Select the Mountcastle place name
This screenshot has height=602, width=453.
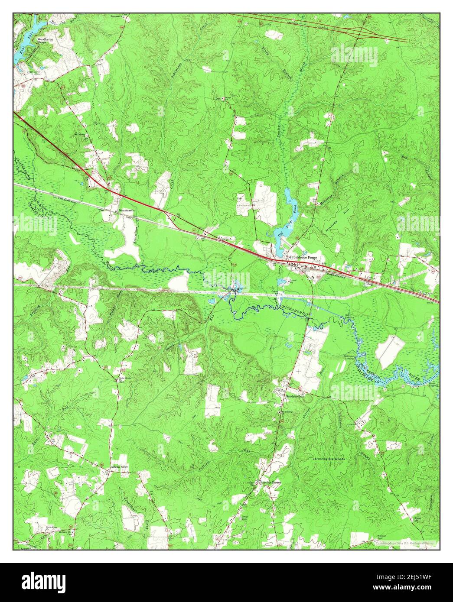[x=127, y=210]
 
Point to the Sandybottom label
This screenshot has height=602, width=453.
[x=293, y=396]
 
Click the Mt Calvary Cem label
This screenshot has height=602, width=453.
[x=80, y=135]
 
